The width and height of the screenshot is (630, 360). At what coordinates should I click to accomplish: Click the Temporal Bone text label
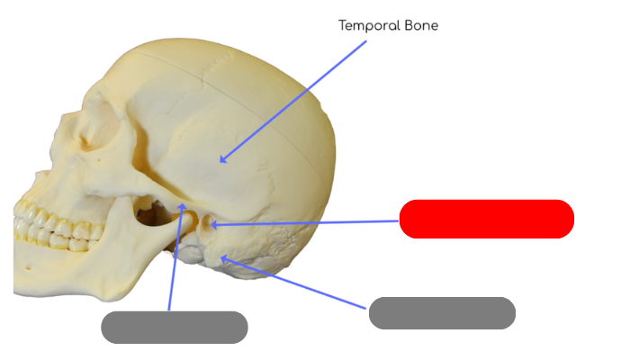[388, 25]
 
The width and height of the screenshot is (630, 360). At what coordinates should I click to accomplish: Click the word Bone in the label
[422, 25]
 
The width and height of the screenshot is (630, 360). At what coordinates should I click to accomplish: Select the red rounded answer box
[486, 220]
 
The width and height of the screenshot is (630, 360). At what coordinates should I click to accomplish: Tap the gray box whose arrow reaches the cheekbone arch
[174, 328]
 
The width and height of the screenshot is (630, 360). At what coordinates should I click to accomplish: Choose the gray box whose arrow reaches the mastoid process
[442, 313]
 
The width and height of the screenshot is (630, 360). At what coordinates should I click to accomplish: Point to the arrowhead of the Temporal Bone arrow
[221, 160]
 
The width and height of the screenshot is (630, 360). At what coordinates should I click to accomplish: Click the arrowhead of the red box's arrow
[212, 224]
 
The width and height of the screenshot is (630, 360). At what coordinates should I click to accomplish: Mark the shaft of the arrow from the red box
[306, 222]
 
